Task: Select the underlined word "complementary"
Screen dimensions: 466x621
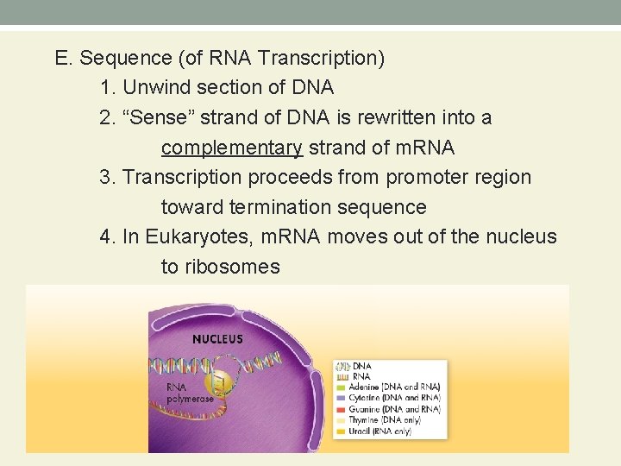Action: click(x=231, y=148)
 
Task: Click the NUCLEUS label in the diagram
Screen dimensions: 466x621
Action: click(x=217, y=339)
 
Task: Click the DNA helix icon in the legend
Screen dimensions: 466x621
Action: click(x=342, y=367)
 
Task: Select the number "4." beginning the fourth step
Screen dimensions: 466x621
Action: click(x=108, y=237)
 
